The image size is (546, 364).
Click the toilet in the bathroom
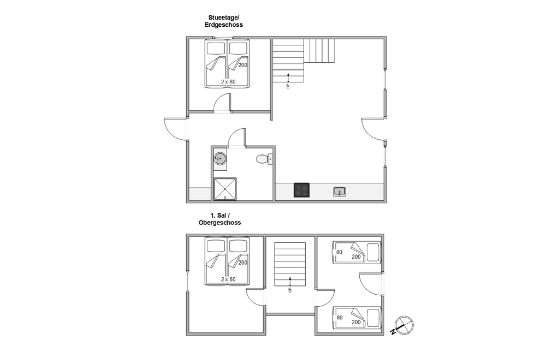point(264,159)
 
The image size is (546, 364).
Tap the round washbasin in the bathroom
point(219,159)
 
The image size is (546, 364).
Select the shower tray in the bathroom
point(225,189)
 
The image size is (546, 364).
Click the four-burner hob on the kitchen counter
point(301,190)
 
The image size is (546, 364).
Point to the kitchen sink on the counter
point(340,192)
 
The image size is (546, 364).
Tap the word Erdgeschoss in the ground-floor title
point(223,25)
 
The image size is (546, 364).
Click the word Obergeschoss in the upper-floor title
point(219,223)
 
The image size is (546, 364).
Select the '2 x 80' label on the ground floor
point(228,82)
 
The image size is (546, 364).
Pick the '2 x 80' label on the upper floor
point(228,279)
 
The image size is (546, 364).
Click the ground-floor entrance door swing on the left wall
point(176,129)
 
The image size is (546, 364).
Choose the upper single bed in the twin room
point(357,252)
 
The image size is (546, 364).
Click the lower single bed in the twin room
point(357,318)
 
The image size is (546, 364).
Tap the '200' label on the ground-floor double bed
point(243,65)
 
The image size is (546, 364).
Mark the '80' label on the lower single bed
point(340,318)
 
